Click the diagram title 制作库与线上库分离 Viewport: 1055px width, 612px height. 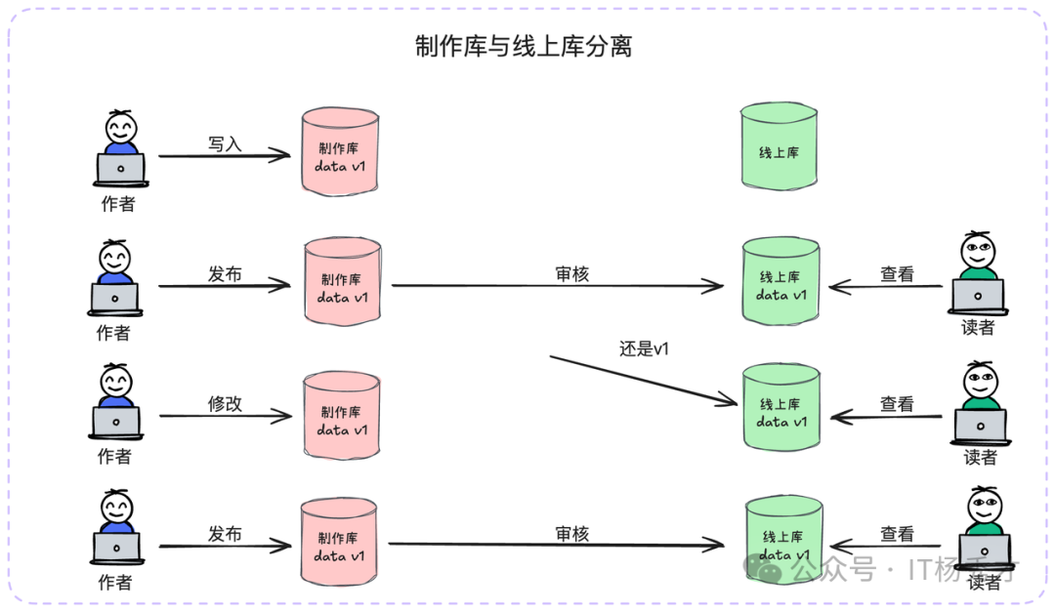tap(524, 46)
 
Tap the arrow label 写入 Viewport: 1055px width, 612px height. tap(225, 143)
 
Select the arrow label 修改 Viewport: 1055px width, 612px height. tap(225, 404)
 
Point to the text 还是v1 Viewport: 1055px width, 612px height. tap(644, 348)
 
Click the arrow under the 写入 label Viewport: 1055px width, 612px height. tap(225, 155)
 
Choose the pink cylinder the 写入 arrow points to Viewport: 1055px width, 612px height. tap(340, 151)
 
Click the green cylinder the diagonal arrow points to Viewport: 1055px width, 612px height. tap(781, 411)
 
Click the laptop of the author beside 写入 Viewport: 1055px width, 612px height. tap(120, 169)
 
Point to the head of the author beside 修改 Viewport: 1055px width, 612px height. tap(115, 380)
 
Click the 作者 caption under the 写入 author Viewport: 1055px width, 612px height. tap(119, 204)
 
